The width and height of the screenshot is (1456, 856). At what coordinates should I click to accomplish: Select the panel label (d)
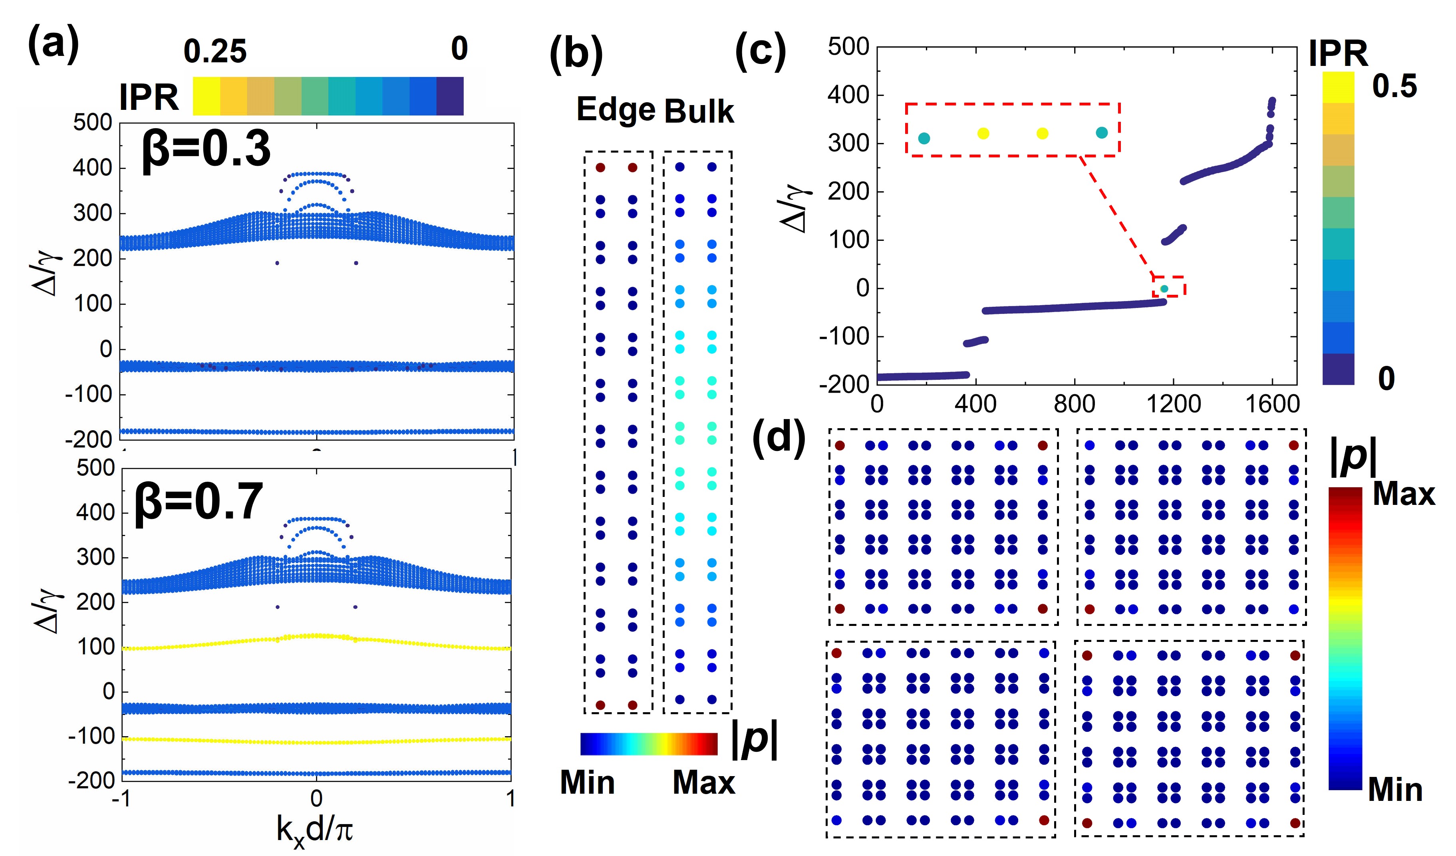(779, 438)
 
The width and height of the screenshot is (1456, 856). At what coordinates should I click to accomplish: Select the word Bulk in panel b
(699, 111)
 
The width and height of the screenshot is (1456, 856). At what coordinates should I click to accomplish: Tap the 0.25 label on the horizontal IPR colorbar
(215, 52)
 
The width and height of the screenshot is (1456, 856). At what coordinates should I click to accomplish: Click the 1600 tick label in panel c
(1272, 404)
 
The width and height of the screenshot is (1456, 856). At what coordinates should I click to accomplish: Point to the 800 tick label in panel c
(1074, 404)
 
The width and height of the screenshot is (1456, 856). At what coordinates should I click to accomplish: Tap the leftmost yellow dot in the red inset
(983, 133)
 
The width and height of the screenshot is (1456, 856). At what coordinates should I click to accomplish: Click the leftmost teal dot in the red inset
(924, 138)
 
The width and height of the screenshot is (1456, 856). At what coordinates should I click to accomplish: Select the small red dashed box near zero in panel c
(1169, 286)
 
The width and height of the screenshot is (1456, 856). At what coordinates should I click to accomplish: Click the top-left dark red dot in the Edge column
(600, 167)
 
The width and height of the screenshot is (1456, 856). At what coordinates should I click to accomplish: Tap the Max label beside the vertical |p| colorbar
(1403, 495)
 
